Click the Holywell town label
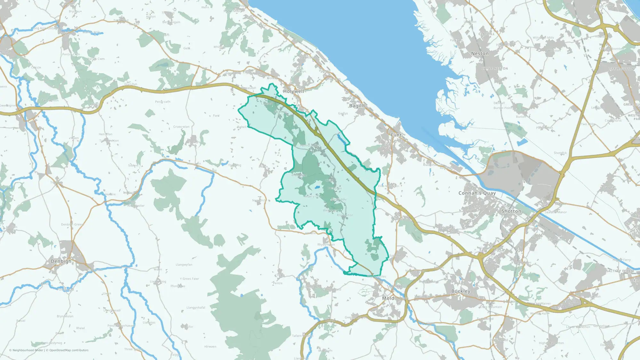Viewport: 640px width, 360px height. coord(293,92)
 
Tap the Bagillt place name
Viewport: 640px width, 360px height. coord(357,106)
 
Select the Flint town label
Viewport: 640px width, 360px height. coord(396,135)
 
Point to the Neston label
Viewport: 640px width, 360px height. coord(480,54)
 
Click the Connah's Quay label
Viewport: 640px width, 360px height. coord(477,193)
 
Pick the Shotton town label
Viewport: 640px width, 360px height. coord(511,212)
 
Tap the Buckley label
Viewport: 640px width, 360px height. coord(460,291)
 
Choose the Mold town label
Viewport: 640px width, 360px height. coord(388,298)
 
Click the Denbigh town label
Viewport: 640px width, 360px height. coord(61,261)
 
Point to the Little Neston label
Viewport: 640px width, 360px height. coord(494,69)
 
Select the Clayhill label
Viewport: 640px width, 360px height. coord(486,34)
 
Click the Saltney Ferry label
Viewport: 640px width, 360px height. coord(619,271)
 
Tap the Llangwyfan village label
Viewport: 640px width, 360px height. coord(184,265)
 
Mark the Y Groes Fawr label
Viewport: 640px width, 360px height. coord(189,279)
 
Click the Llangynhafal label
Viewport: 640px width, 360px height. coord(196,308)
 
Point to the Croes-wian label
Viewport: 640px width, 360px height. coord(181,127)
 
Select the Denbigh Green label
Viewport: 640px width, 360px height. coord(72,225)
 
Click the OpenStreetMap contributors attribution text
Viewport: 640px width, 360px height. coord(69,350)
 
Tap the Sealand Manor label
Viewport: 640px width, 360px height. coord(556,212)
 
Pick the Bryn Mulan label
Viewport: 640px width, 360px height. coord(65,316)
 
